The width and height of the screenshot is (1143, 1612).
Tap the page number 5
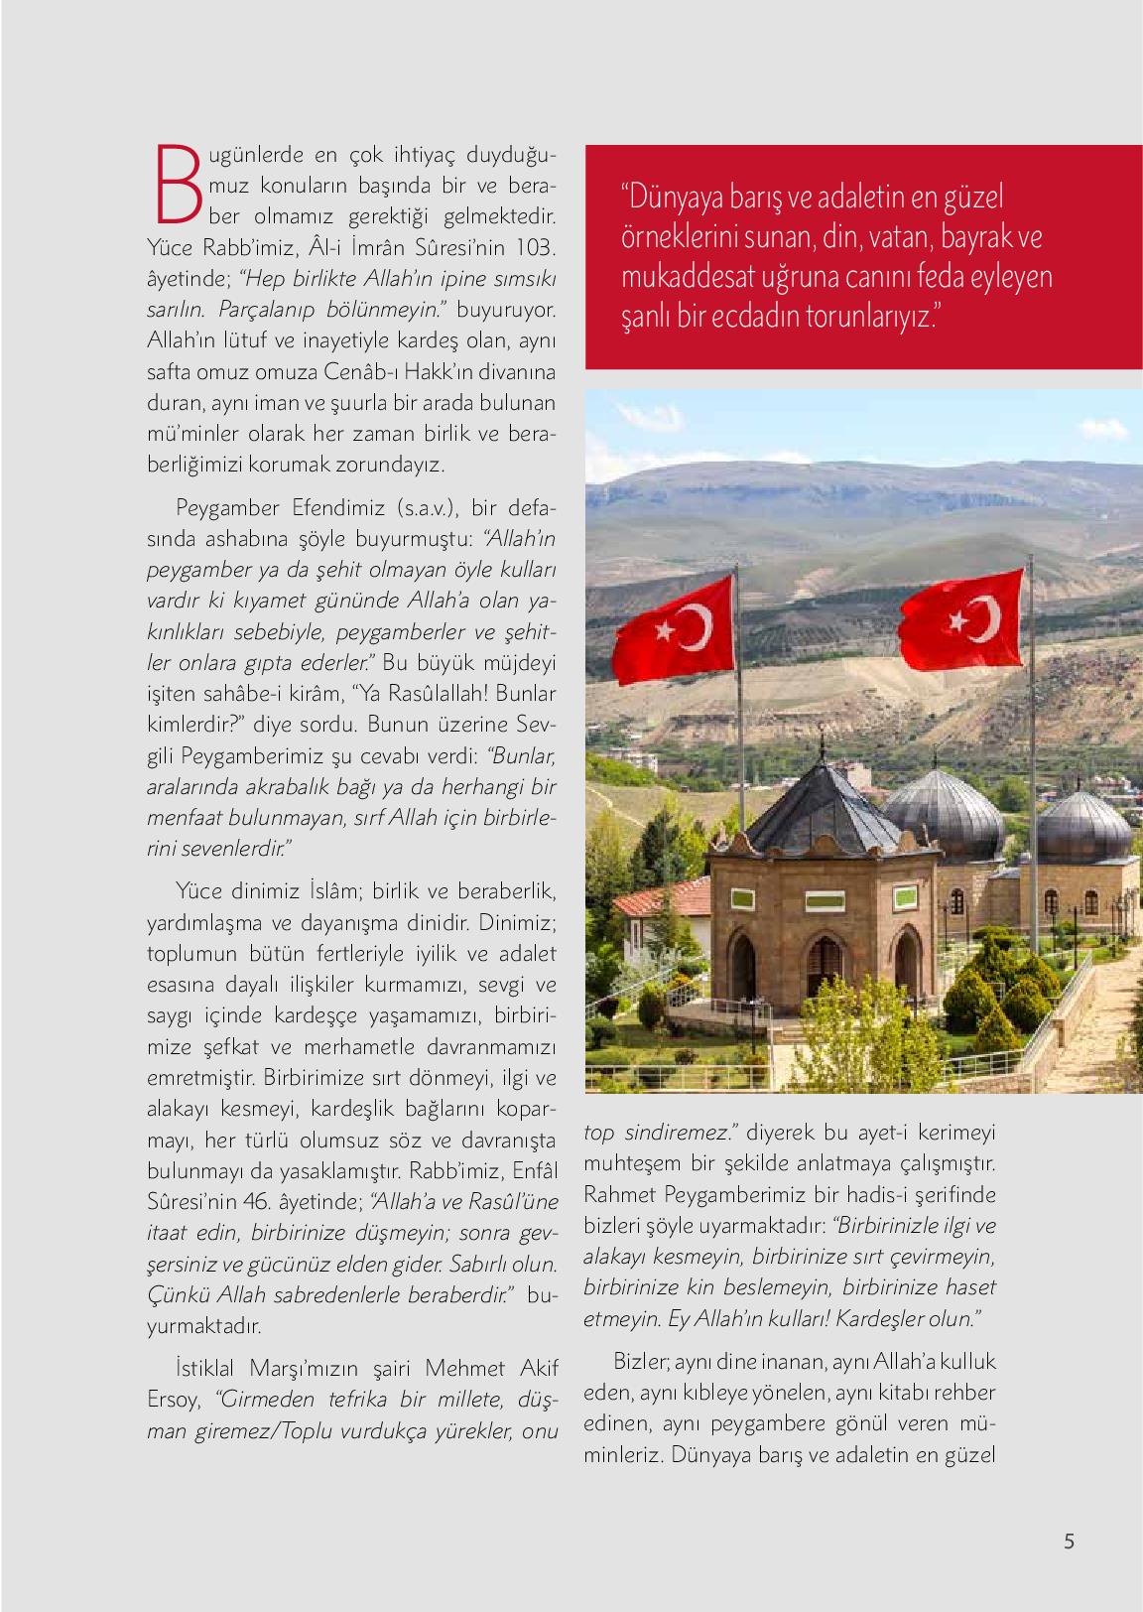tap(1068, 1542)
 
